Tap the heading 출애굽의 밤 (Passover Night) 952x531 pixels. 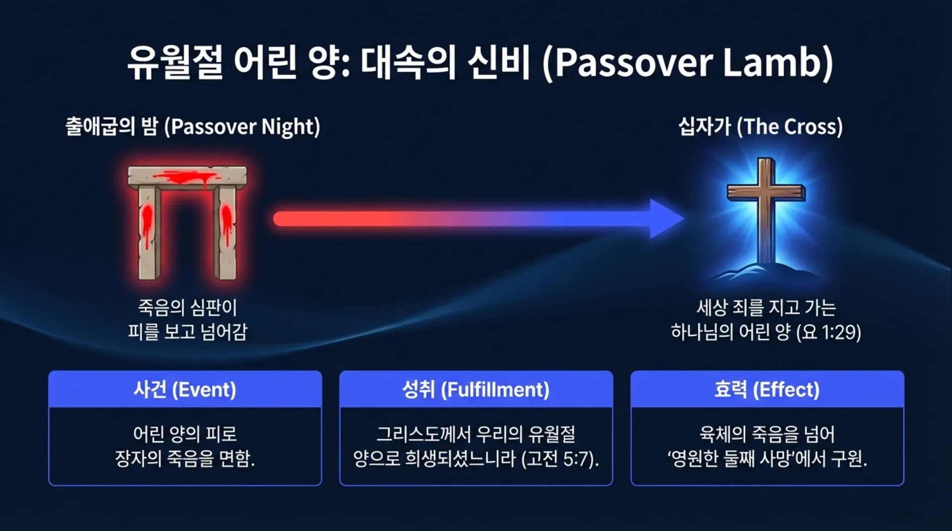pos(193,127)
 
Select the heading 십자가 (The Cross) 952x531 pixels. pos(761,127)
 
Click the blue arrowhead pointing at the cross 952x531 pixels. pos(666,219)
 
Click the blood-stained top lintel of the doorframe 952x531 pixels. pos(187,177)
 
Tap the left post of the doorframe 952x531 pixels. pos(149,233)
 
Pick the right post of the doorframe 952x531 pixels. pos(226,233)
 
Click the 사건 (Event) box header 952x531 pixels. pos(185,390)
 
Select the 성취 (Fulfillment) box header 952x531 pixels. pos(476,390)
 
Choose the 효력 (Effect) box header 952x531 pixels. pos(767,390)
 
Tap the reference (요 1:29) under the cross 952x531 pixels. pos(829,332)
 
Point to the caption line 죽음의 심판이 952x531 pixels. pos(187,308)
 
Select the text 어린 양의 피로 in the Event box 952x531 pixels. pos(185,434)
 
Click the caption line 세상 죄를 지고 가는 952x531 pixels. pos(766,308)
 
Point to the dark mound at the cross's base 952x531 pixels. pos(766,272)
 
